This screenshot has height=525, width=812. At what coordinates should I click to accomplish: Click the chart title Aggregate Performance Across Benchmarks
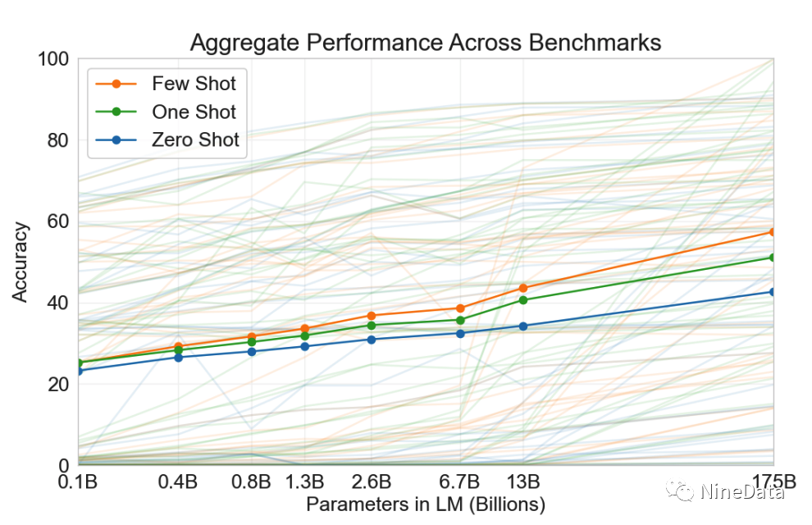[425, 42]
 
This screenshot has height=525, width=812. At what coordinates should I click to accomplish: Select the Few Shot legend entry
[194, 84]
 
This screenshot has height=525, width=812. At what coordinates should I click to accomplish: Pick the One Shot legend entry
[194, 112]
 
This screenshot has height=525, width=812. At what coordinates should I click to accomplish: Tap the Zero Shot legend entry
[195, 139]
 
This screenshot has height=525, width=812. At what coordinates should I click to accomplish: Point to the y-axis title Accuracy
[21, 262]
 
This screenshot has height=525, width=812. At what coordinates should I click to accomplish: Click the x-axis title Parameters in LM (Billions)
[426, 504]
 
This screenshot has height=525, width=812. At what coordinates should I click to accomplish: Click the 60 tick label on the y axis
[57, 221]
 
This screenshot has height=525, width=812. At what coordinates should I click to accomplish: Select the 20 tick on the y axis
[57, 384]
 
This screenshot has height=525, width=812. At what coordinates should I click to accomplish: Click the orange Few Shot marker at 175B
[773, 232]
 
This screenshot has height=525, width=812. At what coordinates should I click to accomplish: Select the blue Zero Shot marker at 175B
[773, 291]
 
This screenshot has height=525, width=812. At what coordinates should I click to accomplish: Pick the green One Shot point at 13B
[523, 299]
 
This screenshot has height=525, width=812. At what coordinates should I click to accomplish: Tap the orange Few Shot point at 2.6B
[372, 315]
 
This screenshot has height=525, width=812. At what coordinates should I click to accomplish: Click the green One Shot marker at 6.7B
[460, 320]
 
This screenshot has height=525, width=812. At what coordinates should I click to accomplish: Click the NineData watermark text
[742, 491]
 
